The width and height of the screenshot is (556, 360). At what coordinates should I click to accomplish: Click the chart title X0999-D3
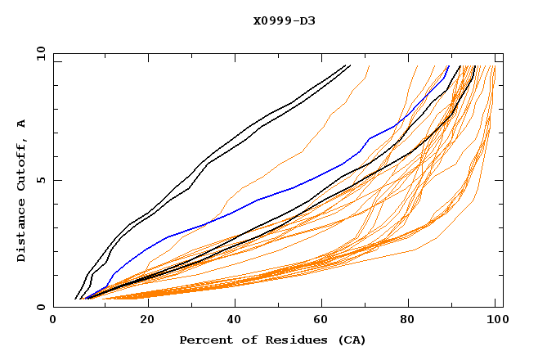(x=284, y=20)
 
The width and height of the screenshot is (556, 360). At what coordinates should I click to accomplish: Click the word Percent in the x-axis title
(x=203, y=340)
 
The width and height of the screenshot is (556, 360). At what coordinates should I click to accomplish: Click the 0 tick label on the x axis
(x=53, y=321)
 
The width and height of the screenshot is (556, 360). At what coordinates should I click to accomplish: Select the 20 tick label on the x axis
(x=146, y=321)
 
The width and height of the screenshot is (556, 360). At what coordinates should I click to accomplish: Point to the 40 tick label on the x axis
(x=235, y=321)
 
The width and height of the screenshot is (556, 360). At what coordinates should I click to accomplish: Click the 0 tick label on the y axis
(x=42, y=308)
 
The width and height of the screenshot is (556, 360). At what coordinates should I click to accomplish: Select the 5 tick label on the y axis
(x=42, y=180)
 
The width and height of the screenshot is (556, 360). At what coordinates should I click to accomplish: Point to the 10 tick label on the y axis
(x=39, y=53)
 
